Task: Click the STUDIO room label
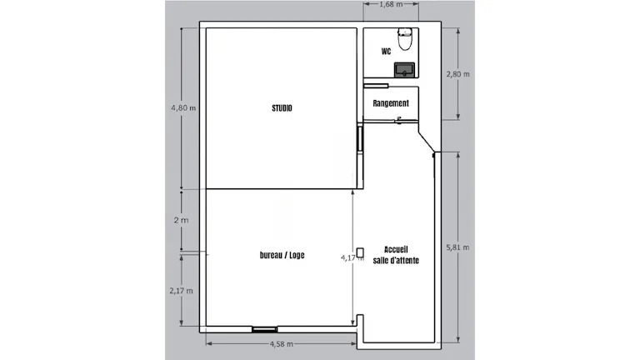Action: [282, 108]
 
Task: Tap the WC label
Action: [386, 51]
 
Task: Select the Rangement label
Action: [391, 103]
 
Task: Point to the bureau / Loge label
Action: [282, 255]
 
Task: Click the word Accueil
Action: [396, 249]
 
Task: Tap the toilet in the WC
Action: [405, 39]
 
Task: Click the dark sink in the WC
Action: [404, 70]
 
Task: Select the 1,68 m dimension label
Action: [391, 4]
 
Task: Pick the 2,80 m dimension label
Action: [457, 74]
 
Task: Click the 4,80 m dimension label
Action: [183, 108]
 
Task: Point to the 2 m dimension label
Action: [181, 220]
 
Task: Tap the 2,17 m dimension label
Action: [181, 291]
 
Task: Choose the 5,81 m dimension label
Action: [457, 247]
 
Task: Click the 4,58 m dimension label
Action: [281, 343]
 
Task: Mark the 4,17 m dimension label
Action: [352, 257]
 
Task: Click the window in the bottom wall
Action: [264, 329]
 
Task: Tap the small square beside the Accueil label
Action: [360, 252]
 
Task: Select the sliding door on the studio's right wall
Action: [360, 139]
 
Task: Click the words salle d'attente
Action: [396, 260]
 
